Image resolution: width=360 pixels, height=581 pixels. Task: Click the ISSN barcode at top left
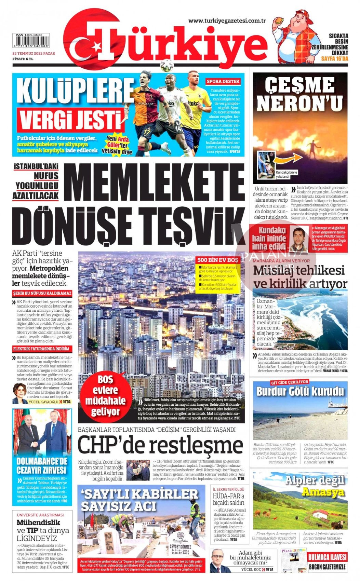(x=31, y=42)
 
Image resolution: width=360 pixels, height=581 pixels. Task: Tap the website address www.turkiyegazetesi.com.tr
(x=227, y=21)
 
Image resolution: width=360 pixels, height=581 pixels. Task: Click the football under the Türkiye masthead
(x=167, y=65)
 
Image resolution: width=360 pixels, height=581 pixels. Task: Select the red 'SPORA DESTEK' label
(x=223, y=81)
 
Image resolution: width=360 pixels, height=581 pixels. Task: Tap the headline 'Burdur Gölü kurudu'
(x=300, y=391)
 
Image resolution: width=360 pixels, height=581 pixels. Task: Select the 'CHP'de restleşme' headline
(x=160, y=445)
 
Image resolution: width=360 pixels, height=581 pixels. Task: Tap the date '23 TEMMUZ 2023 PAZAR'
(x=34, y=53)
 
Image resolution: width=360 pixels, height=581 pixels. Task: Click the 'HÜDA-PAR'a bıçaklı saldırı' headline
(x=228, y=499)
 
